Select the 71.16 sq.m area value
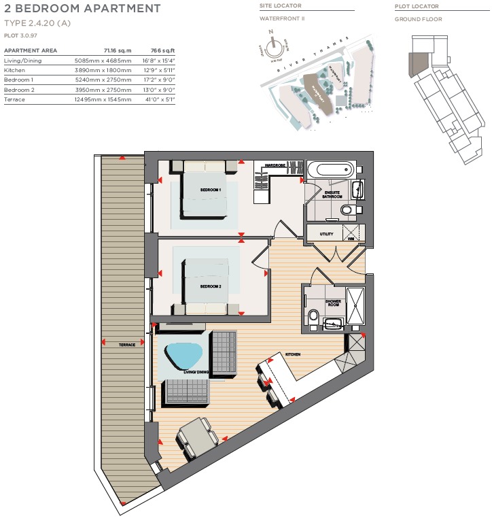click(x=117, y=51)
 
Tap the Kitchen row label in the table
click(x=15, y=70)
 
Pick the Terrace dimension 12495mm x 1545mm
click(x=103, y=99)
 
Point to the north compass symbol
click(x=273, y=48)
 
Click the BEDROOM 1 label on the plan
click(x=211, y=189)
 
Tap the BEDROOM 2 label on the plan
click(x=211, y=286)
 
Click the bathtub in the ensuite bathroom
click(x=330, y=169)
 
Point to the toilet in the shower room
click(x=313, y=316)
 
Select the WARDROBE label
click(x=275, y=165)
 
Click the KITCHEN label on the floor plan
click(x=293, y=355)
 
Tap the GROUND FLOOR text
click(x=418, y=19)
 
